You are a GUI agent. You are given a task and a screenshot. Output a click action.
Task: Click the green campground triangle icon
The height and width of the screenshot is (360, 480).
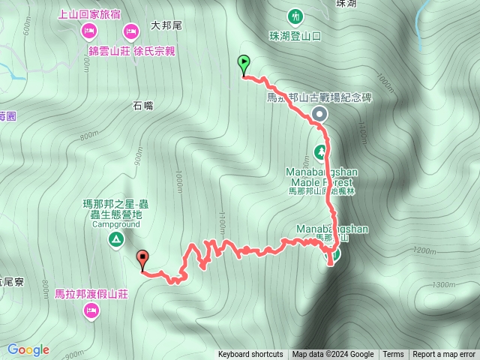pos(116,239)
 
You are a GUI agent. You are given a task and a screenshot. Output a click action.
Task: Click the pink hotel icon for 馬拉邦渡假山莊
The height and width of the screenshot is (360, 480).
pos(91,310)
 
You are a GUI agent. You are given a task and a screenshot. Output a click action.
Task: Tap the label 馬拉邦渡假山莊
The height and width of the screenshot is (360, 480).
pos(91,294)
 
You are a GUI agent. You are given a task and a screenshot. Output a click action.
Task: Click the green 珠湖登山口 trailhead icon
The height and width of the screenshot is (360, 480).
pos(295,16)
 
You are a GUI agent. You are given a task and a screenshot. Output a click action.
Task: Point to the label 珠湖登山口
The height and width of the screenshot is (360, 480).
pos(295,35)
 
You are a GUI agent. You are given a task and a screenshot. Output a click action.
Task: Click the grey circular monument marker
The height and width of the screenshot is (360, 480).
pos(319,114)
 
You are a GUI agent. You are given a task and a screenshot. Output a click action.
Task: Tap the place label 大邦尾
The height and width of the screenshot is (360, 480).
pos(166,25)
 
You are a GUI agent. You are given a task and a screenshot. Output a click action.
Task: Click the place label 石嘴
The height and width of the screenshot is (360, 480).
pos(143,106)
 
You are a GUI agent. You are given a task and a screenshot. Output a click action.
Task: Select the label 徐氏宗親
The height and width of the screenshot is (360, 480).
pos(154,51)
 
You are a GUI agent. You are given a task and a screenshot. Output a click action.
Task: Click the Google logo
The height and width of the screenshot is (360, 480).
pos(28,349)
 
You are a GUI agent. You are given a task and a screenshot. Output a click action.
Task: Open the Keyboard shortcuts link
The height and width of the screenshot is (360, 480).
pos(250,355)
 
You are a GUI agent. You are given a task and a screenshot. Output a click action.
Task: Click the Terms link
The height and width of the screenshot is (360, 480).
pos(393,355)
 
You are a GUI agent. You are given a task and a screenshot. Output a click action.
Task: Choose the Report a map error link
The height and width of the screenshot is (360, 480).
pos(444,355)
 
